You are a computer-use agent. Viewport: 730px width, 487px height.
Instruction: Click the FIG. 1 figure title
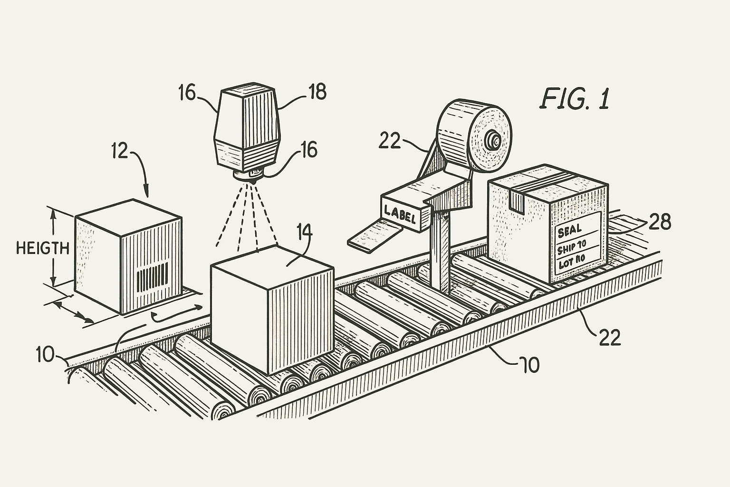pos(575,99)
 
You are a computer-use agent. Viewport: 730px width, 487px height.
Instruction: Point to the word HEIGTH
pos(42,248)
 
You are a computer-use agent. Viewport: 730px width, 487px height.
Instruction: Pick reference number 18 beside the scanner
pos(317,92)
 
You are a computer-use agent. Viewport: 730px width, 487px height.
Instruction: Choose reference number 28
pos(660,222)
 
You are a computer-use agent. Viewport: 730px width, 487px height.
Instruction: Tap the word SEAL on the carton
pos(569,232)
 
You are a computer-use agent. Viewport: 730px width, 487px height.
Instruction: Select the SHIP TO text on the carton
pos(573,247)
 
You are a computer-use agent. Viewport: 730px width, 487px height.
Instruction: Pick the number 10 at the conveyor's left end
pos(45,354)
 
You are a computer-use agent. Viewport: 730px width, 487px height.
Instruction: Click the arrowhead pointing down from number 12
pos(146,192)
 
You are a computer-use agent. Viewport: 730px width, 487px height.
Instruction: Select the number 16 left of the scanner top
pos(187,93)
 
